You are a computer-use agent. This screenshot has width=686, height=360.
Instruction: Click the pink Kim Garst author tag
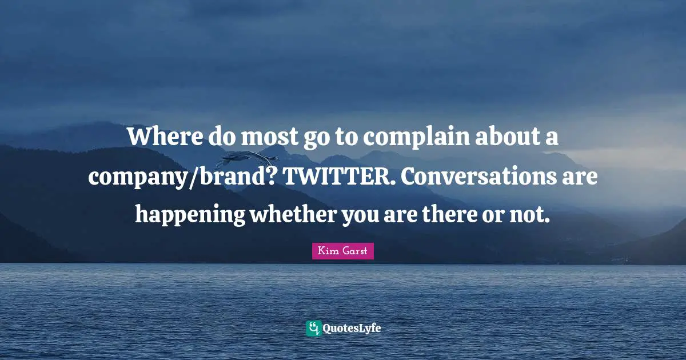tap(342, 251)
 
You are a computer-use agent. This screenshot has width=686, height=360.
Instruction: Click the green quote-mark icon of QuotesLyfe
tap(313, 328)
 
